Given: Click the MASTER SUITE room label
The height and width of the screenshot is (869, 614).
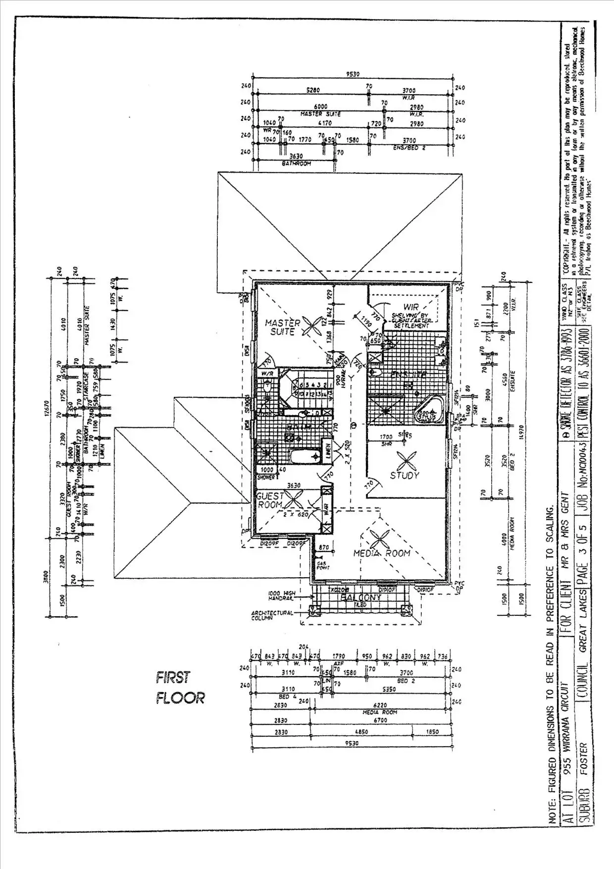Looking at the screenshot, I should tap(283, 327).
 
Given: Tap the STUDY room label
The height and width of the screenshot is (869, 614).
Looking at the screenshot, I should tap(405, 475).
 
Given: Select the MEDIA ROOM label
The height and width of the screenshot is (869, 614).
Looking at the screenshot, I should tap(381, 553).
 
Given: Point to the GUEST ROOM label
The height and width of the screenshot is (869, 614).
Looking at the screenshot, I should tap(270, 500).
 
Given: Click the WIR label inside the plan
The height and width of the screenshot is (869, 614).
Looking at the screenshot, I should tap(411, 307).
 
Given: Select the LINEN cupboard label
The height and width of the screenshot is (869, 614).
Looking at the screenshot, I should tap(327, 451).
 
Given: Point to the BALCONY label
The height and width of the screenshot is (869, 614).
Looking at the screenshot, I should tap(361, 597).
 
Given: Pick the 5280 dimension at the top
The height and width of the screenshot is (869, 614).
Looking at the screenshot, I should tap(313, 91).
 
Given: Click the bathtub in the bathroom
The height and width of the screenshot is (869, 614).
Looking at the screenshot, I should tap(304, 456).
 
